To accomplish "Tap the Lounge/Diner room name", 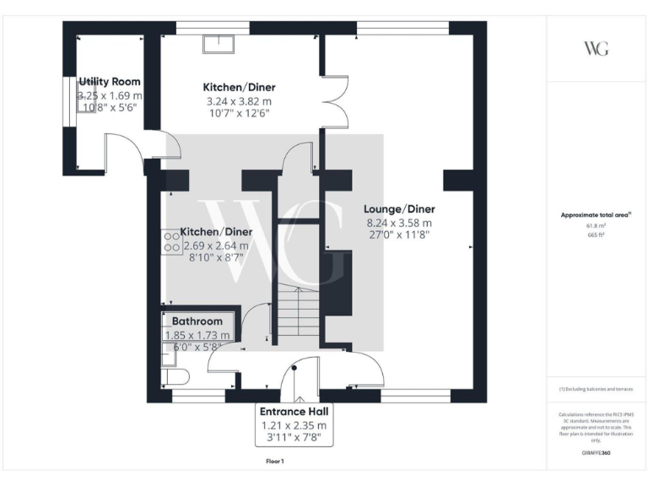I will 398,208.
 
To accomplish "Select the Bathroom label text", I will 197,321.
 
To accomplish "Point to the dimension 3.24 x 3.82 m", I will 239,101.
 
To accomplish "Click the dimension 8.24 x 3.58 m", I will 398,223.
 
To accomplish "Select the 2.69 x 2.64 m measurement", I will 216,246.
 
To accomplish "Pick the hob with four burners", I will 171,243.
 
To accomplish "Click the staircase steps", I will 298,312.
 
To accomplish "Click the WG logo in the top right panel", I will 596,48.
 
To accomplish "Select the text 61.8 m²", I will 596,227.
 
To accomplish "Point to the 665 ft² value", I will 596,235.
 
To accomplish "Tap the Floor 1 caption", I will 274,462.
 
